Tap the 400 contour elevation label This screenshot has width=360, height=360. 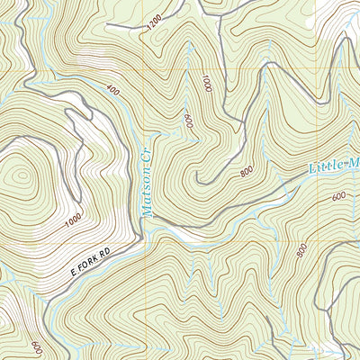[x=112, y=90]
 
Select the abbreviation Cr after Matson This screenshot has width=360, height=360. [x=149, y=161]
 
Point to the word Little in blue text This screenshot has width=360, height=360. [x=327, y=168]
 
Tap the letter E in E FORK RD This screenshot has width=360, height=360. [x=72, y=270]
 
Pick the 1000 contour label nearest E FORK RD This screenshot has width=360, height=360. [x=73, y=219]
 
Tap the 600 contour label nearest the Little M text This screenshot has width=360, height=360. [x=338, y=196]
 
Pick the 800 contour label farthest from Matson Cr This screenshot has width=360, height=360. [x=301, y=249]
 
